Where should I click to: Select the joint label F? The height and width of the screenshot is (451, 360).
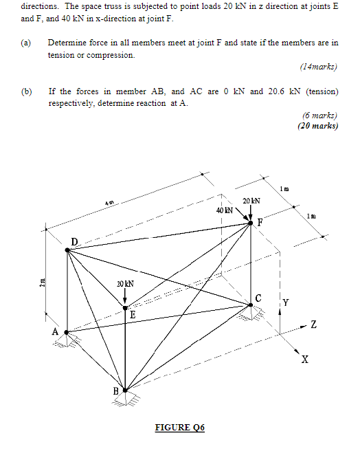click(x=260, y=222)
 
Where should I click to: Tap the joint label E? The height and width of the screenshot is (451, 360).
click(x=132, y=314)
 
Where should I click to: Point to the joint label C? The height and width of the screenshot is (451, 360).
click(x=258, y=298)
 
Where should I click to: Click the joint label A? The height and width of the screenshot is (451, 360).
click(x=55, y=331)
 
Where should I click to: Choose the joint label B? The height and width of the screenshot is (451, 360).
click(x=115, y=391)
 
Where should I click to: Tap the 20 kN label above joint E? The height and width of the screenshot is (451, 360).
click(x=124, y=283)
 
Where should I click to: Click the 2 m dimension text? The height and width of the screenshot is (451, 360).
click(x=42, y=282)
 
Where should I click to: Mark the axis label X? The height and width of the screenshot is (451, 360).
click(x=305, y=360)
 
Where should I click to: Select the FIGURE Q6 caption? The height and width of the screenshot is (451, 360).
click(x=179, y=427)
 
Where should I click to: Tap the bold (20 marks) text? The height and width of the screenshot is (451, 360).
click(x=318, y=126)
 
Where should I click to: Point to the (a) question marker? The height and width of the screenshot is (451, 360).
click(x=26, y=43)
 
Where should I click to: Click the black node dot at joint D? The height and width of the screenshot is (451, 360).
click(x=67, y=251)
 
